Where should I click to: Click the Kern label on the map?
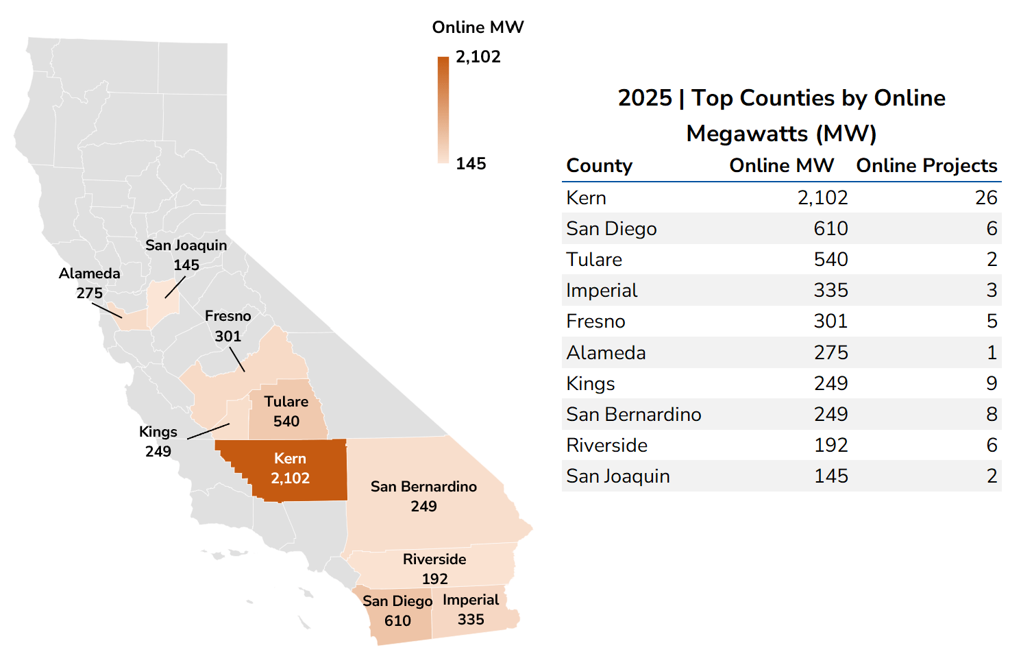pyautogui.click(x=290, y=459)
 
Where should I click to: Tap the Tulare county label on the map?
pyautogui.click(x=286, y=402)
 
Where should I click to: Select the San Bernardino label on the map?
pyautogui.click(x=423, y=487)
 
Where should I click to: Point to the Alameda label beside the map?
pyautogui.click(x=89, y=274)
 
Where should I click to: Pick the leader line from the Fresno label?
pyautogui.click(x=237, y=359)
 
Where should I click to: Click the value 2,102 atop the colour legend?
pyautogui.click(x=478, y=57)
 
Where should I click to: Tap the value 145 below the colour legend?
pyautogui.click(x=471, y=164)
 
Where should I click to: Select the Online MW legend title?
pyautogui.click(x=478, y=27)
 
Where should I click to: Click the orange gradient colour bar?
pyautogui.click(x=443, y=110)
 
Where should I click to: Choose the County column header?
pyautogui.click(x=599, y=166)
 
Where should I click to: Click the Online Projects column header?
pyautogui.click(x=926, y=166)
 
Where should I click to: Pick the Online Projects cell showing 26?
pyautogui.click(x=986, y=198)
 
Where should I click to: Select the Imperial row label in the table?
pyautogui.click(x=602, y=291)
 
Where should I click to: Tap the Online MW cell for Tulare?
pyautogui.click(x=831, y=260)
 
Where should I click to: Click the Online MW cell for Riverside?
pyautogui.click(x=831, y=446)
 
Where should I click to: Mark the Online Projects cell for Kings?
pyautogui.click(x=991, y=384)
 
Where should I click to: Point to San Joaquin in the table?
pyautogui.click(x=618, y=476)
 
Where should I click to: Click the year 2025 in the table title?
pyautogui.click(x=645, y=98)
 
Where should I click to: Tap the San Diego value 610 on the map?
pyautogui.click(x=397, y=621)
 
